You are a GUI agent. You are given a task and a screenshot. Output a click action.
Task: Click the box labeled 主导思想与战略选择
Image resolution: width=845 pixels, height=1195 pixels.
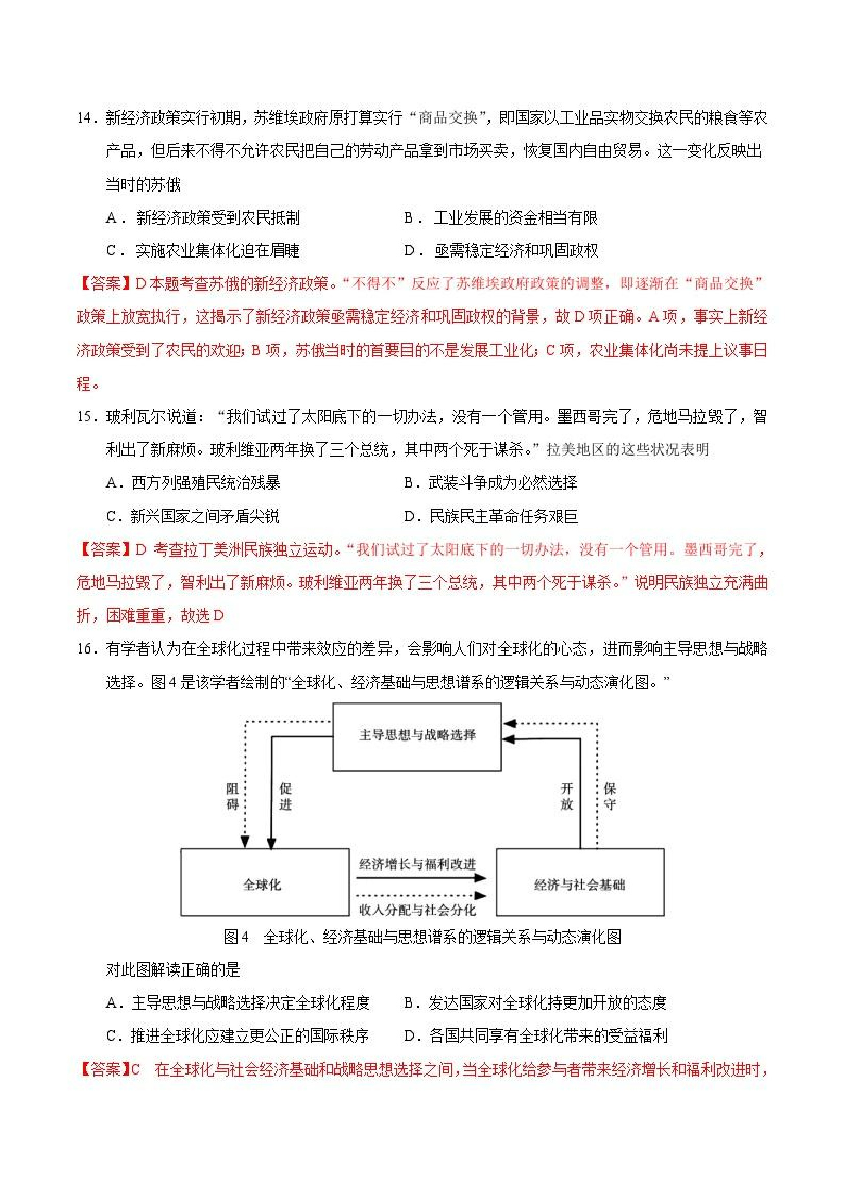click(417, 735)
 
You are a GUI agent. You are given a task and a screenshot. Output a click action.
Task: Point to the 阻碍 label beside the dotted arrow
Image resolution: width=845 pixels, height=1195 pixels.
click(232, 796)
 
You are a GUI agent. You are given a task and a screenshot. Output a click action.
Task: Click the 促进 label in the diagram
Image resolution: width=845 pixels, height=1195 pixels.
click(285, 796)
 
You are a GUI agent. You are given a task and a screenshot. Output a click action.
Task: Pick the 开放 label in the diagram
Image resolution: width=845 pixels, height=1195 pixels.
click(567, 796)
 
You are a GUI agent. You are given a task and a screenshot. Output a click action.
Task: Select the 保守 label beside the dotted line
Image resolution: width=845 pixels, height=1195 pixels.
click(609, 796)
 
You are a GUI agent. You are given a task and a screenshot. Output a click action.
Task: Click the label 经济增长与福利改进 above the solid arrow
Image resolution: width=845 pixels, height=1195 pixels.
click(417, 864)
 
